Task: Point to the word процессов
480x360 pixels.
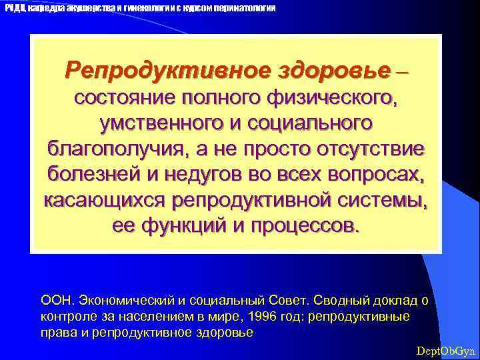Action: point(305,225)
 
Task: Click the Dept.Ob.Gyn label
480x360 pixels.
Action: point(445,351)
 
